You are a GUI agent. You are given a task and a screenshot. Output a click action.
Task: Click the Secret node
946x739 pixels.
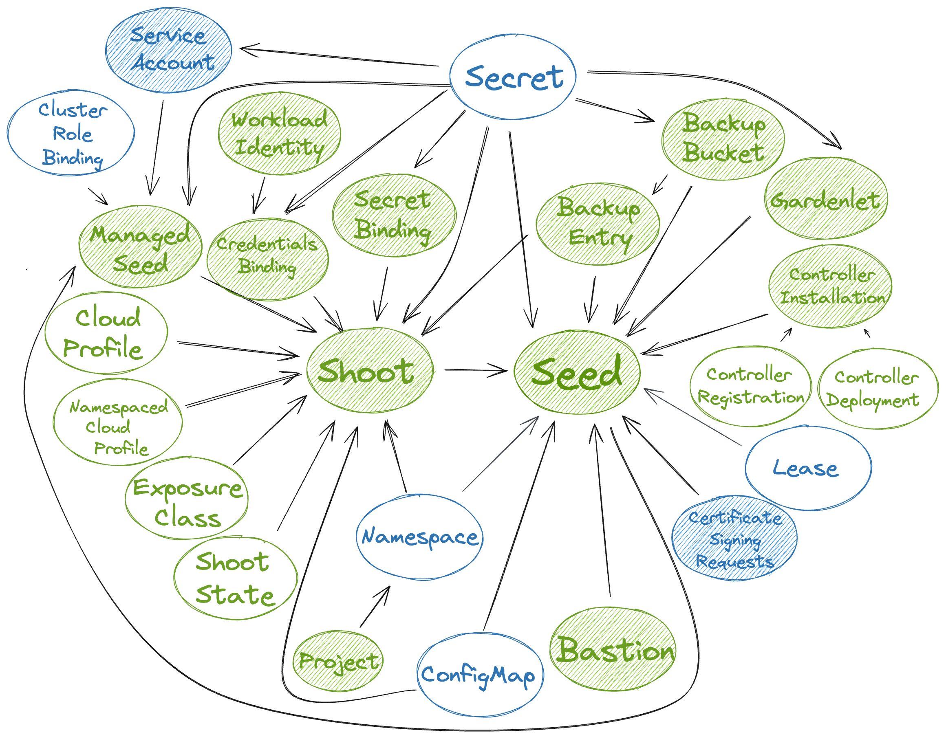click(x=513, y=77)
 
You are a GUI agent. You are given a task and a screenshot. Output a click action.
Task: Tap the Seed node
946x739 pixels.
click(x=577, y=372)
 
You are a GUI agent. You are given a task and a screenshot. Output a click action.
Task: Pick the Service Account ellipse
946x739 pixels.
click(x=168, y=50)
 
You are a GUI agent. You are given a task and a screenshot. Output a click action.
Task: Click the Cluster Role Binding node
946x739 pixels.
click(x=71, y=133)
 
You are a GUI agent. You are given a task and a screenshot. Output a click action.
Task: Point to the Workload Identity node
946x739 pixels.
click(x=279, y=133)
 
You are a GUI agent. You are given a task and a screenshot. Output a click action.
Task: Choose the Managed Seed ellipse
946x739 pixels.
click(x=140, y=247)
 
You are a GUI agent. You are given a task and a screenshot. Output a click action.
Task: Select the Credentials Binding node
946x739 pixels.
click(x=267, y=259)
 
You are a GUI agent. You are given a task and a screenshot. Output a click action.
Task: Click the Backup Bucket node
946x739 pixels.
click(x=723, y=139)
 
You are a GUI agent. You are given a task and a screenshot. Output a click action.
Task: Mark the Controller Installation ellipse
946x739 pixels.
click(x=830, y=286)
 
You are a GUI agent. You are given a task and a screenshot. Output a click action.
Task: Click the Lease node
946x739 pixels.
click(x=808, y=468)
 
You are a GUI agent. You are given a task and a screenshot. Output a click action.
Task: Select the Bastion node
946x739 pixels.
click(x=613, y=649)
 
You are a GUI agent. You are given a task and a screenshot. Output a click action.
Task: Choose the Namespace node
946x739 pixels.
click(x=419, y=537)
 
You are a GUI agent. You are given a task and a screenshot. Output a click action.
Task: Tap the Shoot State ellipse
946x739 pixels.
click(x=236, y=578)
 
